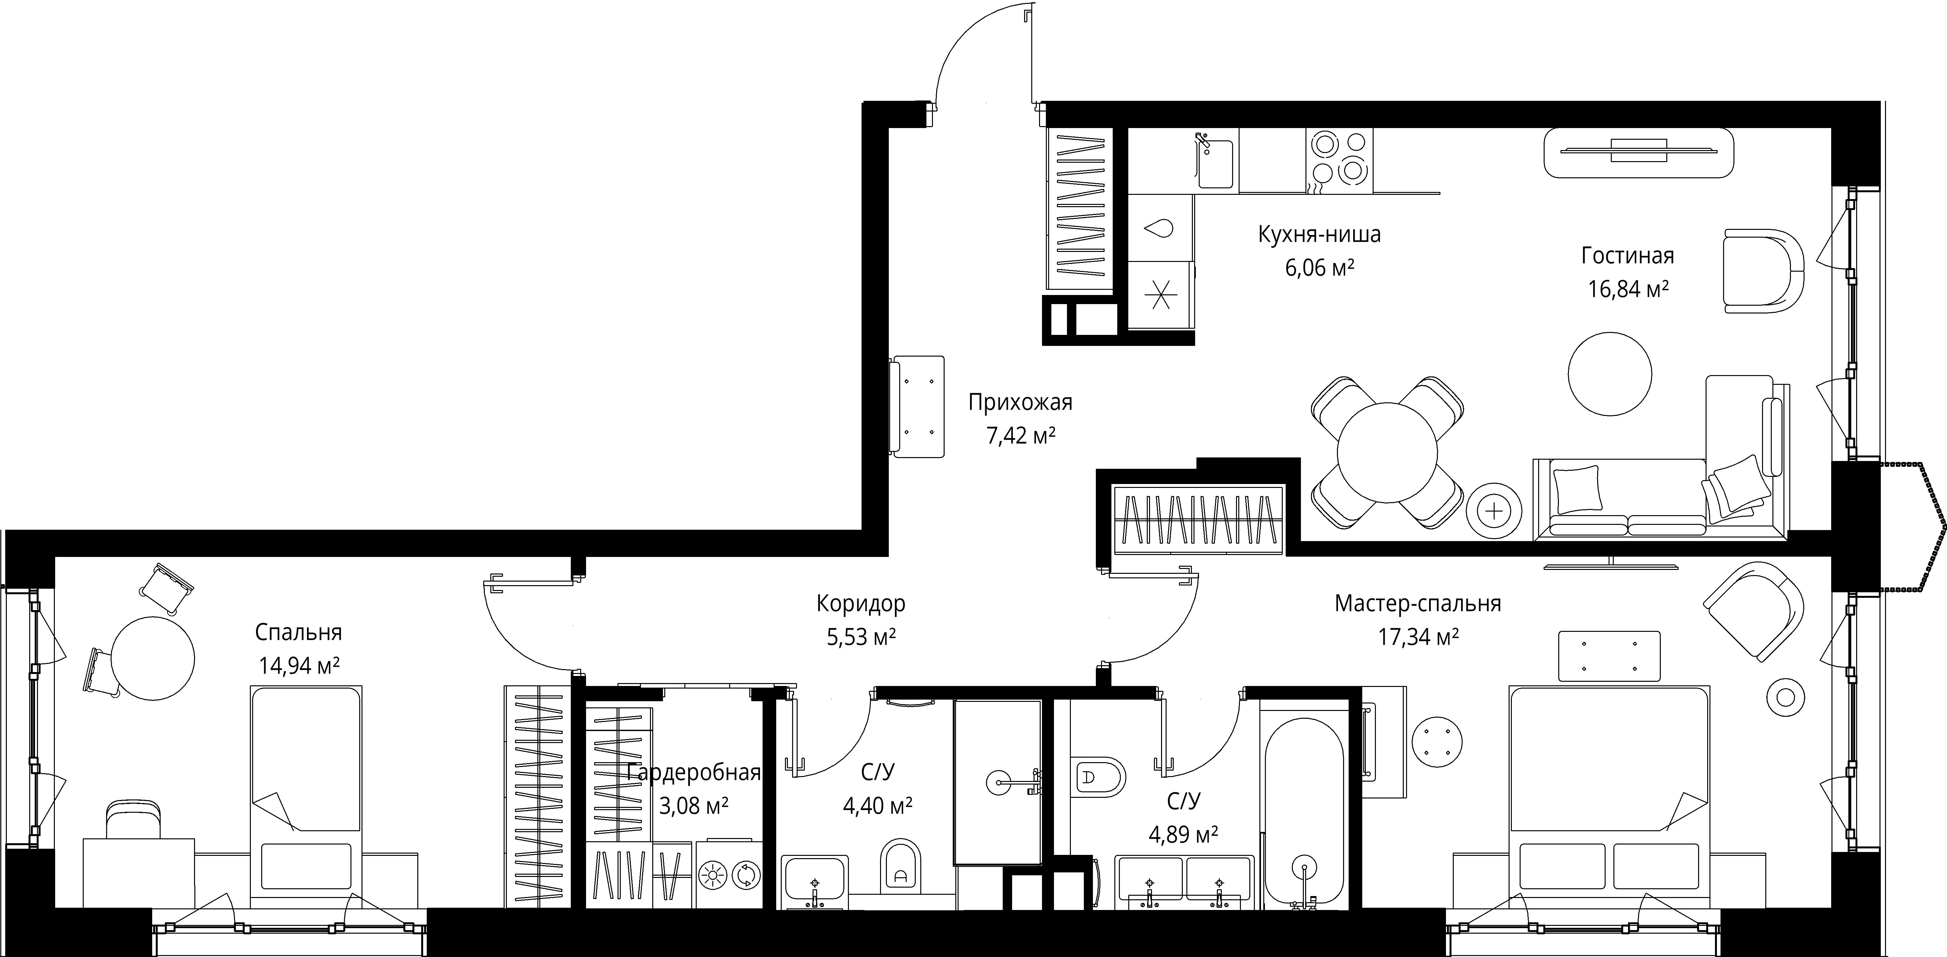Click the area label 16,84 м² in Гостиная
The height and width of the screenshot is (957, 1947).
pyautogui.click(x=1628, y=289)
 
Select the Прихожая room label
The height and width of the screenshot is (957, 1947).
pyautogui.click(x=1020, y=403)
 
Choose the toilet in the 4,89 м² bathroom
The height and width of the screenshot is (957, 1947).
pyautogui.click(x=1099, y=777)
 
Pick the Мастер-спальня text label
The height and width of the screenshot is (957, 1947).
pyautogui.click(x=1418, y=604)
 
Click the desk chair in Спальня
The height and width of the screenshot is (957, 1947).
pyautogui.click(x=134, y=820)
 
